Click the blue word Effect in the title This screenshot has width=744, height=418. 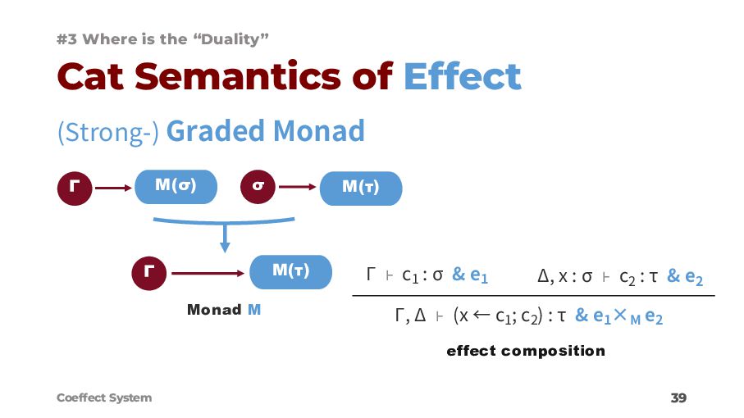pyautogui.click(x=462, y=78)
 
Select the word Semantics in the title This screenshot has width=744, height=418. pyautogui.click(x=258, y=78)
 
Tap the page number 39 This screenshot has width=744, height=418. pyautogui.click(x=678, y=398)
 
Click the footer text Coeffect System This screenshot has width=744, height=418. pyautogui.click(x=104, y=398)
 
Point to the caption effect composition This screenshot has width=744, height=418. pyautogui.click(x=525, y=351)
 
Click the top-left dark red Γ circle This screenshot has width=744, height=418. pyautogui.click(x=74, y=188)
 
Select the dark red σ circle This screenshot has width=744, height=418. pyautogui.click(x=258, y=188)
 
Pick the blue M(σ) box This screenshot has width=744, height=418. pyautogui.click(x=175, y=187)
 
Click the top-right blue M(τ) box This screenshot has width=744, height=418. pyautogui.click(x=360, y=188)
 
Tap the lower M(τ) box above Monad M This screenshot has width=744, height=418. pyautogui.click(x=290, y=271)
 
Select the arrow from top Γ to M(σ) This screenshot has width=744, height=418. pyautogui.click(x=112, y=188)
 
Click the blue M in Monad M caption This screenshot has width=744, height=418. pyautogui.click(x=253, y=310)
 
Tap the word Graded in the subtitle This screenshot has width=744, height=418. pyautogui.click(x=217, y=131)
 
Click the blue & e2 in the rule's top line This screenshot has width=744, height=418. pyautogui.click(x=685, y=277)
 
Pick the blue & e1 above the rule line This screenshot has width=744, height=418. pyautogui.click(x=470, y=276)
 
